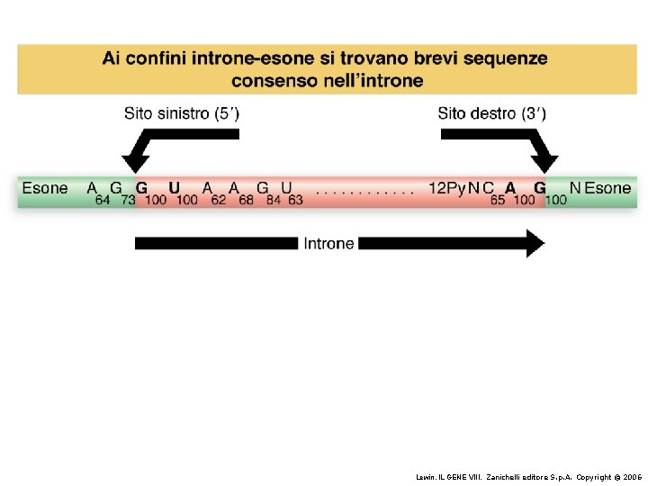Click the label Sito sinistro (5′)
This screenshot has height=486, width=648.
(x=182, y=113)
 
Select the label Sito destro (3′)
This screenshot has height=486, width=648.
(x=491, y=113)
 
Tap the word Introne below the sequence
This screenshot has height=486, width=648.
(x=328, y=243)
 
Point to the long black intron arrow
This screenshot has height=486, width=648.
(x=216, y=243)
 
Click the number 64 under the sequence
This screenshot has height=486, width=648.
(x=103, y=200)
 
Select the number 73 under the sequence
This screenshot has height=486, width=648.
(x=128, y=200)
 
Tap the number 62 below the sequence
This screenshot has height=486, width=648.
(x=219, y=200)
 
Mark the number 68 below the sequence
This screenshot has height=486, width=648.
(x=246, y=200)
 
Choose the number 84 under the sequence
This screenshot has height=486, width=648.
(x=273, y=200)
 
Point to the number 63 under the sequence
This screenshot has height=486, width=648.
(x=295, y=200)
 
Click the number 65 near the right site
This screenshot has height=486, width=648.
(x=498, y=200)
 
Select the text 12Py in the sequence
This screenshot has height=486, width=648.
(x=446, y=188)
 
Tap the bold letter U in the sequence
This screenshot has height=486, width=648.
(x=175, y=188)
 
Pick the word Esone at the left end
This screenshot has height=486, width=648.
(x=45, y=188)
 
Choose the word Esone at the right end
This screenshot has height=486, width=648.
(x=607, y=188)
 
